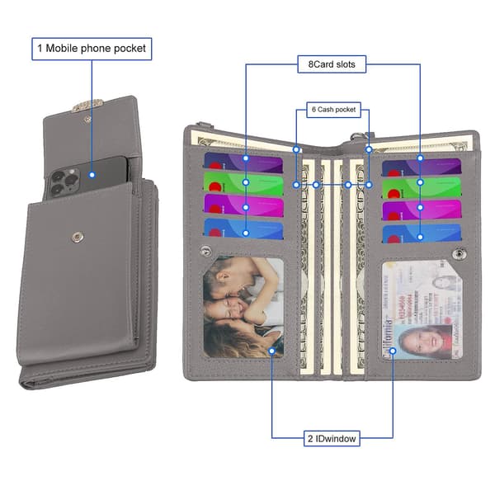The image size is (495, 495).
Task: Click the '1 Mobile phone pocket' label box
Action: (x=92, y=49)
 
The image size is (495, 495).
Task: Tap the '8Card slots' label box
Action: (x=332, y=64)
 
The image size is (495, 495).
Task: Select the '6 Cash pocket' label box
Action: (x=333, y=110)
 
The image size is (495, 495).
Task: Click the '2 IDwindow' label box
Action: (x=332, y=439)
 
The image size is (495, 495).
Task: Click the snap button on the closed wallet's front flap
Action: (x=78, y=237)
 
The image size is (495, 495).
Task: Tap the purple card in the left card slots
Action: (x=243, y=163)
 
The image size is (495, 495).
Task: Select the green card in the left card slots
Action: (x=243, y=183)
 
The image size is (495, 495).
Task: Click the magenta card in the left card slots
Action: (x=243, y=205)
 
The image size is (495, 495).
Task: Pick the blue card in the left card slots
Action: (x=243, y=228)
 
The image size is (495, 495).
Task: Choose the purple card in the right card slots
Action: (x=422, y=167)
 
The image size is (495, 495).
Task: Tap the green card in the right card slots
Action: (x=422, y=188)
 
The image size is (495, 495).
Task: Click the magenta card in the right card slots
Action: (x=422, y=210)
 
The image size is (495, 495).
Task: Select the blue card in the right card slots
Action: (x=422, y=233)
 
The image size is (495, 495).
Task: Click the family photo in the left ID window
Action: (x=243, y=307)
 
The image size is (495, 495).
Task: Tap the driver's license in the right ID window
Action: (x=422, y=310)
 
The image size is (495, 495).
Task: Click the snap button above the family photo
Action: (x=205, y=251)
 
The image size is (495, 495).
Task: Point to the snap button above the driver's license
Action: (x=459, y=253)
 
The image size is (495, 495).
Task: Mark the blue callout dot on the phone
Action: (x=92, y=175)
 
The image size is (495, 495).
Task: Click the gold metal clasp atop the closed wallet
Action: (x=87, y=106)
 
